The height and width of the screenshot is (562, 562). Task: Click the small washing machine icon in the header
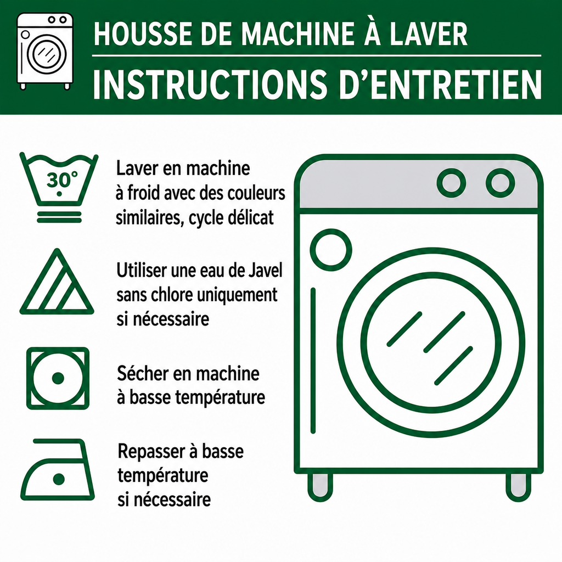click(x=45, y=51)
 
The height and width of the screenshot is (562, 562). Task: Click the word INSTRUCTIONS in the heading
click(x=210, y=85)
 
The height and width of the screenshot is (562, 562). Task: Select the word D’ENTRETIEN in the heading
click(x=440, y=85)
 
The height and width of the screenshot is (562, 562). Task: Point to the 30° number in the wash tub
click(x=61, y=179)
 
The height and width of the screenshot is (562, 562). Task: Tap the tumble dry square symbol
click(x=58, y=378)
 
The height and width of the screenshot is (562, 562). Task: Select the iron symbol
click(x=57, y=470)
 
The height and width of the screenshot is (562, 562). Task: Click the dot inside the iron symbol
click(x=58, y=479)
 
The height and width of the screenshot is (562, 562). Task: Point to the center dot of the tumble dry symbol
click(x=58, y=378)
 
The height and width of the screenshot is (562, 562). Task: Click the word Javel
click(x=265, y=270)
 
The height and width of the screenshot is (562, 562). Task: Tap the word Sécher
click(x=143, y=373)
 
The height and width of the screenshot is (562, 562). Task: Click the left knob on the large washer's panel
click(x=451, y=183)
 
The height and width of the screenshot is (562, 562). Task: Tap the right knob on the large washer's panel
click(x=501, y=183)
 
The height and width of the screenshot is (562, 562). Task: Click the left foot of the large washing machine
click(x=321, y=487)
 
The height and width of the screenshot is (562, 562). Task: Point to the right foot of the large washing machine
click(x=518, y=487)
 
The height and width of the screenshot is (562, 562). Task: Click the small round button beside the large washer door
click(x=331, y=250)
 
